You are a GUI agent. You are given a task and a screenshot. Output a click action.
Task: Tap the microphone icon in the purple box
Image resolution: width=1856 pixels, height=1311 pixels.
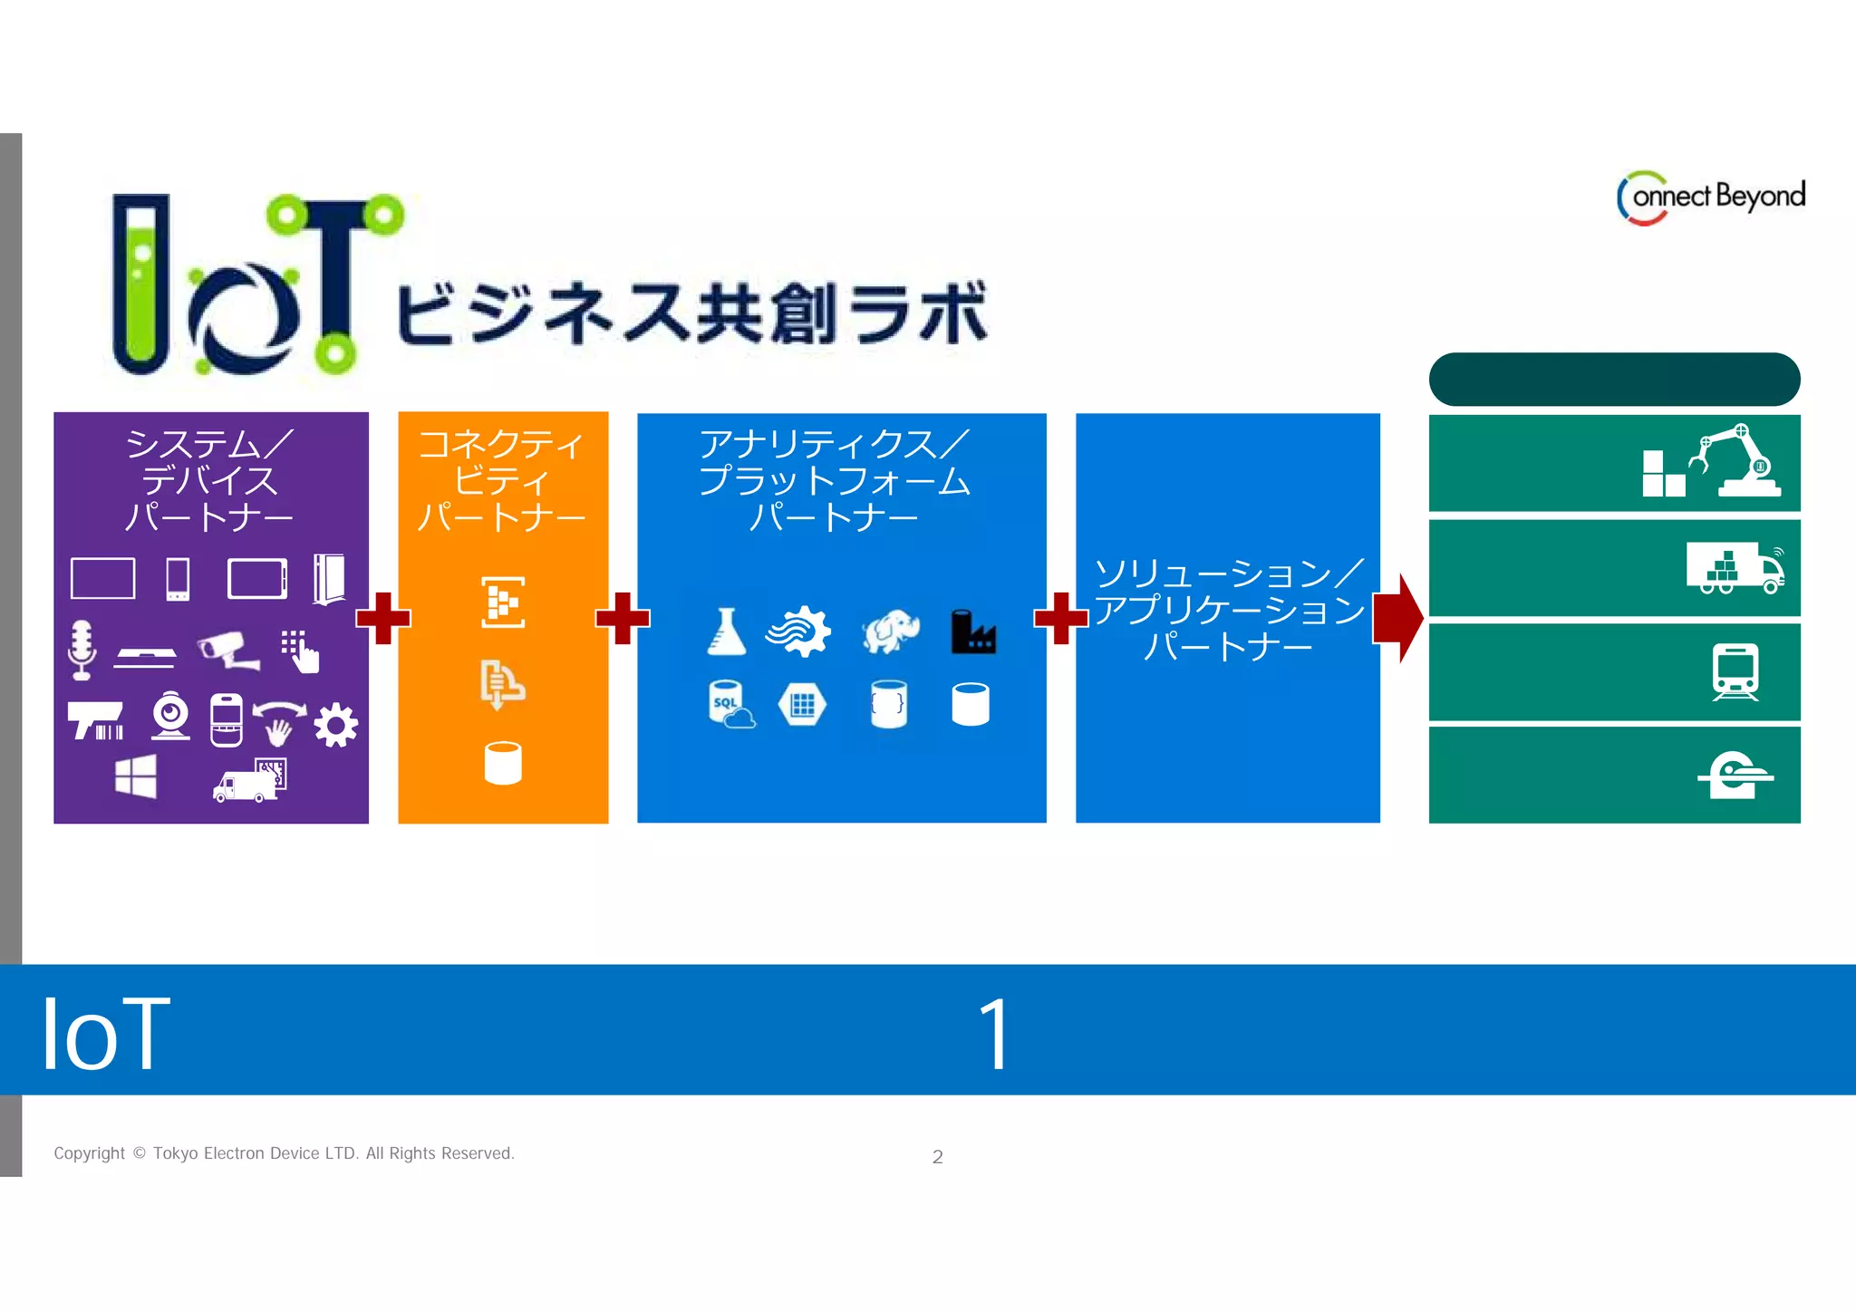click(82, 649)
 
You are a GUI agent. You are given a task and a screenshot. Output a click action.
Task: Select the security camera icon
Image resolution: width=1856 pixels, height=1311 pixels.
click(228, 649)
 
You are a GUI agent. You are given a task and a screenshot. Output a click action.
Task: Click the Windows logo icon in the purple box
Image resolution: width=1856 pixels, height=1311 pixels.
click(136, 777)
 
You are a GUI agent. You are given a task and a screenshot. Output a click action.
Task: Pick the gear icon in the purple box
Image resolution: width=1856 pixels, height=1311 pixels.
click(335, 725)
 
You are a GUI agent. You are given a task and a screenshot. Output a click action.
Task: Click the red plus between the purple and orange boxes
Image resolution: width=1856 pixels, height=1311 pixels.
click(383, 618)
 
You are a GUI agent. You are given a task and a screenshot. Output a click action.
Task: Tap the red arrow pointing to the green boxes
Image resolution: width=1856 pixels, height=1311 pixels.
click(1398, 618)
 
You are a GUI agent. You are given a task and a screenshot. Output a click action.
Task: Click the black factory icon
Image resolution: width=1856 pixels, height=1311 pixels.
click(972, 631)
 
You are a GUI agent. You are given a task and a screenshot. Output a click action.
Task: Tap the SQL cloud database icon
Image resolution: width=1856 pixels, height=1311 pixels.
click(730, 705)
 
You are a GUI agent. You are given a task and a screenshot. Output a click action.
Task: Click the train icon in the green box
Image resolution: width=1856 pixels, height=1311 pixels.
click(1735, 671)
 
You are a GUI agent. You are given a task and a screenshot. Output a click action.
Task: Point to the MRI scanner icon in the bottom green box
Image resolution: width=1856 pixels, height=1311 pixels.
click(1735, 775)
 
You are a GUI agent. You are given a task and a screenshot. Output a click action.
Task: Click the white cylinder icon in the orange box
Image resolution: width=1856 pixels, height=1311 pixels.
click(503, 763)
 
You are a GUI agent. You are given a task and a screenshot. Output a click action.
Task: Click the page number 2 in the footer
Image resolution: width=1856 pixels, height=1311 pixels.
click(937, 1157)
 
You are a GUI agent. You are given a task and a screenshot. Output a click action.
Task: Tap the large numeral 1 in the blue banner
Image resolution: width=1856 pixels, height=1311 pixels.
click(994, 1033)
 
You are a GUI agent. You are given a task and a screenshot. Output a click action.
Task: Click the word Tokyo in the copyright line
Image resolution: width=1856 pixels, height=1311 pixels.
click(175, 1153)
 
